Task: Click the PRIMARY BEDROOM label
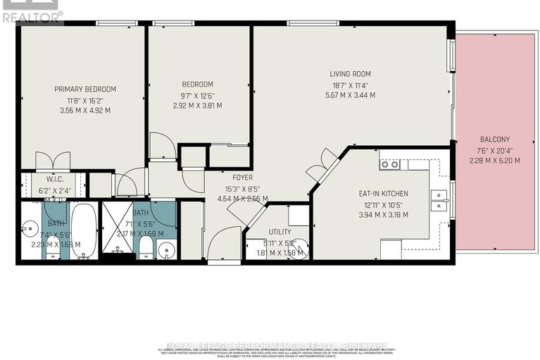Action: point(85,89)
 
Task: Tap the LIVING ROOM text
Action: point(350,74)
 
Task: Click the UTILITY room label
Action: point(280,232)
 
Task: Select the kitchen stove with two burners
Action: point(389,164)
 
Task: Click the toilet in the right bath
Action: point(145,247)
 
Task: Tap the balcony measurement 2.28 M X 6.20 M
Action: point(494,161)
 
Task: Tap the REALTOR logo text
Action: point(32,13)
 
